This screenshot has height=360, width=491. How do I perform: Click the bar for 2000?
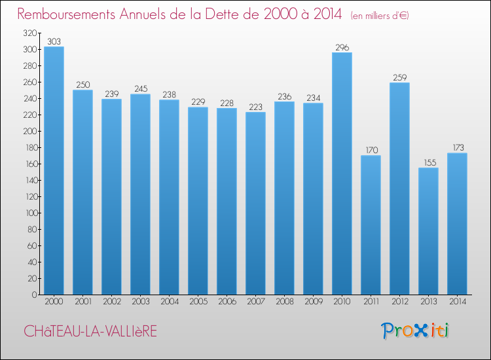click(x=54, y=171)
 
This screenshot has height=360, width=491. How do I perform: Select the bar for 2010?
click(x=342, y=173)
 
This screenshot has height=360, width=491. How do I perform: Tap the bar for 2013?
click(x=428, y=231)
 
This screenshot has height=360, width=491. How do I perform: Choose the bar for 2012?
click(x=399, y=189)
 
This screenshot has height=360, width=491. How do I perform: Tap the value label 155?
click(x=428, y=162)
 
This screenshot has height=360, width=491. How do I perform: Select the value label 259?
click(x=399, y=77)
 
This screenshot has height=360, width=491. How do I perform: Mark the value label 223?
click(x=255, y=107)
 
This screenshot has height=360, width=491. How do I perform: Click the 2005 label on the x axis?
click(x=198, y=302)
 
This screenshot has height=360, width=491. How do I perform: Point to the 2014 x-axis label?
click(x=457, y=302)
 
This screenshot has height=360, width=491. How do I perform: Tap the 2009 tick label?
click(x=313, y=302)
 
